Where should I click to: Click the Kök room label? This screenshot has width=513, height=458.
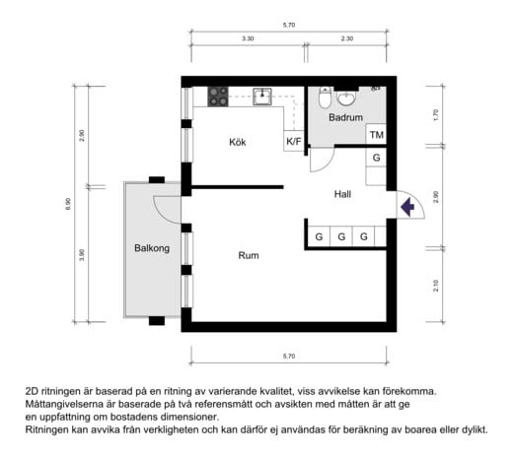236,142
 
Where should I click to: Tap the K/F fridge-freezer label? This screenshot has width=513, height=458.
294,142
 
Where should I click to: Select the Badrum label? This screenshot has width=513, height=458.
345,117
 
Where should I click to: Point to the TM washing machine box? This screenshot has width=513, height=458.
377,136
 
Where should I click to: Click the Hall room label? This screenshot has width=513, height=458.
342,194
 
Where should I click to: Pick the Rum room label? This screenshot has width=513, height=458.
249,255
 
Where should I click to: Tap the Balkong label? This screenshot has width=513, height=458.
152,248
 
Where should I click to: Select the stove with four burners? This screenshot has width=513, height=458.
218,96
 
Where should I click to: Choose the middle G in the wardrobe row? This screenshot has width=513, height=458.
341,237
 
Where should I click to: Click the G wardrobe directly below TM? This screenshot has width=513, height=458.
377,158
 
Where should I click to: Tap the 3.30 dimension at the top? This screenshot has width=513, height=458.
247,38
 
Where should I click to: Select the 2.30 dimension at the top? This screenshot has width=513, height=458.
346,38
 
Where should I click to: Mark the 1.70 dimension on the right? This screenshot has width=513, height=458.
435,114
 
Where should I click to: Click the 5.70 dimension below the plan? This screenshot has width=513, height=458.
289,355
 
